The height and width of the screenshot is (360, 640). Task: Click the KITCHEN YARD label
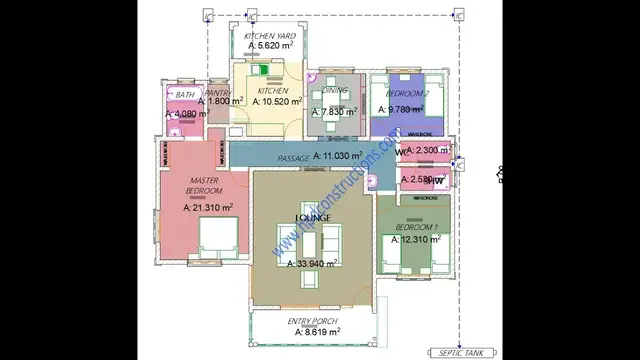(266, 35)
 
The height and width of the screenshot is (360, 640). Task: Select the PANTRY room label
(219, 92)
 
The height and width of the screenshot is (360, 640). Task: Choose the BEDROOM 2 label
(408, 93)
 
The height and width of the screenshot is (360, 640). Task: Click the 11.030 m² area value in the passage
(343, 157)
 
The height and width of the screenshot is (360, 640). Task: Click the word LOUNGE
(312, 217)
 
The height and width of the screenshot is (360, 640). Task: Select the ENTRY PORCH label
(312, 320)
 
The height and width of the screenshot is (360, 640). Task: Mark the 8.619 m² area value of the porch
(314, 331)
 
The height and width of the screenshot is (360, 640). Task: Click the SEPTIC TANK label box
(459, 352)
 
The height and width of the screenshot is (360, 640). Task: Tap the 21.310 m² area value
(208, 208)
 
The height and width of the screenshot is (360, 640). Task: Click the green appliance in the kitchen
(265, 71)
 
